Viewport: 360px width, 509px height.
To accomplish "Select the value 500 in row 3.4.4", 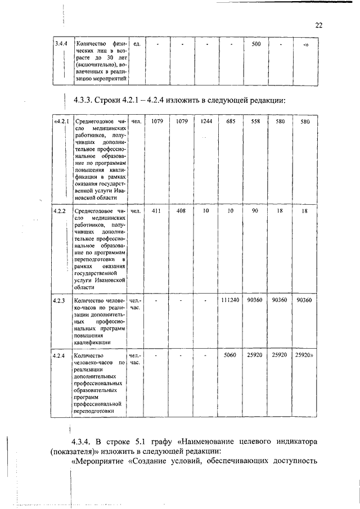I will click(x=255, y=44).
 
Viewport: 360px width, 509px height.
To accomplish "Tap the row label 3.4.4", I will click(x=60, y=44).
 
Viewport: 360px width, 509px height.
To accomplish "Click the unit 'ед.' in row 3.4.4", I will click(x=137, y=44).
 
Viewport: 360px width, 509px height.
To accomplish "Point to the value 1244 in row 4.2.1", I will click(x=206, y=121).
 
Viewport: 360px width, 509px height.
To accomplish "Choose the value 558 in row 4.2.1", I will click(x=255, y=121).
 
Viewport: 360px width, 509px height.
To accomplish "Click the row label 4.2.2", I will click(x=60, y=210).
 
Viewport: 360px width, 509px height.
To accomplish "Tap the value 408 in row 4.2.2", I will click(x=182, y=210).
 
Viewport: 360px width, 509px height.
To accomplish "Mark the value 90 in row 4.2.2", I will click(x=255, y=210).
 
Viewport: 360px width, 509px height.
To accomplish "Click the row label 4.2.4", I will click(x=60, y=355).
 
